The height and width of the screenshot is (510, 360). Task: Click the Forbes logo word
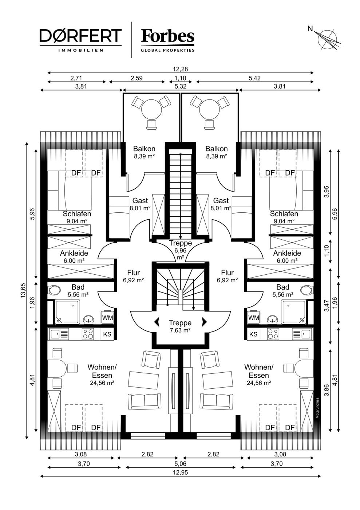[167, 36]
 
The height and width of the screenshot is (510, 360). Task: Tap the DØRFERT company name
[80, 36]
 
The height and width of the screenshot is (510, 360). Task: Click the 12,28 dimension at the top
[180, 69]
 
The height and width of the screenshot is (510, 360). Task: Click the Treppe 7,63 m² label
[180, 326]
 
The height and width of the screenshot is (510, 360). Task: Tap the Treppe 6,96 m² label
[181, 250]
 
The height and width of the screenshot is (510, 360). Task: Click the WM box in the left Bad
[107, 317]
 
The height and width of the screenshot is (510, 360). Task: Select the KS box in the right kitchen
[253, 334]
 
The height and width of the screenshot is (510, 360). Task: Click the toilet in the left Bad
[54, 290]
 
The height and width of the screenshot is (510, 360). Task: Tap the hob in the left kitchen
[88, 334]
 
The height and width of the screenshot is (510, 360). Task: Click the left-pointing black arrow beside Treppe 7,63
[157, 322]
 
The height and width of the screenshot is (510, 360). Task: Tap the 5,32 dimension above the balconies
[181, 86]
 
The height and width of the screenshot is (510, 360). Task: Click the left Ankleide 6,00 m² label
[74, 256]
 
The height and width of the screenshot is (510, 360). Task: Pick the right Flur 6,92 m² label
[228, 276]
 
